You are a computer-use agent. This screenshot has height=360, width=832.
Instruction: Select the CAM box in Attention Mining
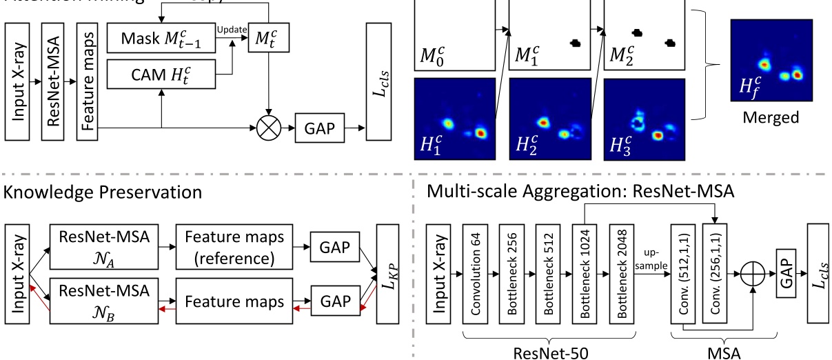coord(162,72)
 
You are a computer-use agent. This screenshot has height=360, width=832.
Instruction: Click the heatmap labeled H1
coord(454,118)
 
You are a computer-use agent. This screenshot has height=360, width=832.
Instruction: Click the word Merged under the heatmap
coord(771,117)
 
